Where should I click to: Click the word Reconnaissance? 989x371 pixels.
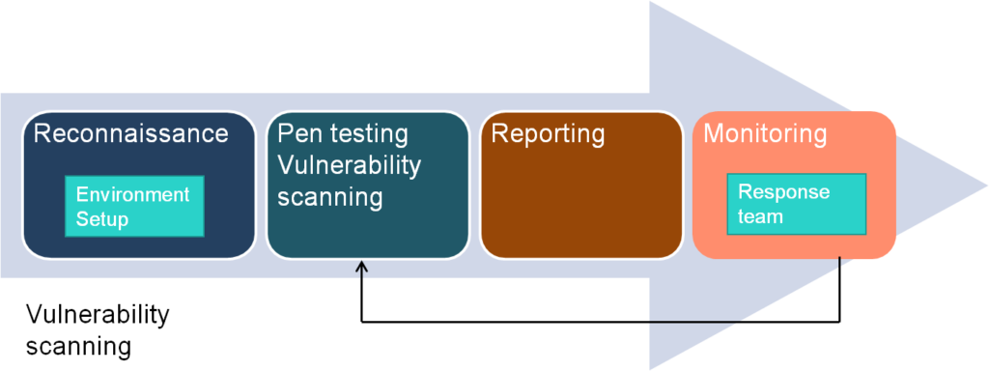pyautogui.click(x=130, y=133)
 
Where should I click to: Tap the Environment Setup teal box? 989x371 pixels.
pyautogui.click(x=134, y=206)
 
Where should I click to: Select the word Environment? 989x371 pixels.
pyautogui.click(x=132, y=194)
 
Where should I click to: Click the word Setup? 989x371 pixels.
pyautogui.click(x=102, y=219)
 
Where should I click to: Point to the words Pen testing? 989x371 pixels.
pyautogui.click(x=343, y=133)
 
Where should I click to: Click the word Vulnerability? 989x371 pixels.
pyautogui.click(x=349, y=165)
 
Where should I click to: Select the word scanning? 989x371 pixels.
pyautogui.click(x=330, y=197)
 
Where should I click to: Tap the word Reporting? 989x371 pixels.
pyautogui.click(x=548, y=133)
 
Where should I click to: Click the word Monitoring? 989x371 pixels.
pyautogui.click(x=764, y=133)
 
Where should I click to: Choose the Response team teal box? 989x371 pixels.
pyautogui.click(x=796, y=204)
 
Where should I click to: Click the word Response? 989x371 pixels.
pyautogui.click(x=783, y=192)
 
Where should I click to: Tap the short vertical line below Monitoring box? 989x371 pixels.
pyautogui.click(x=840, y=262)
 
